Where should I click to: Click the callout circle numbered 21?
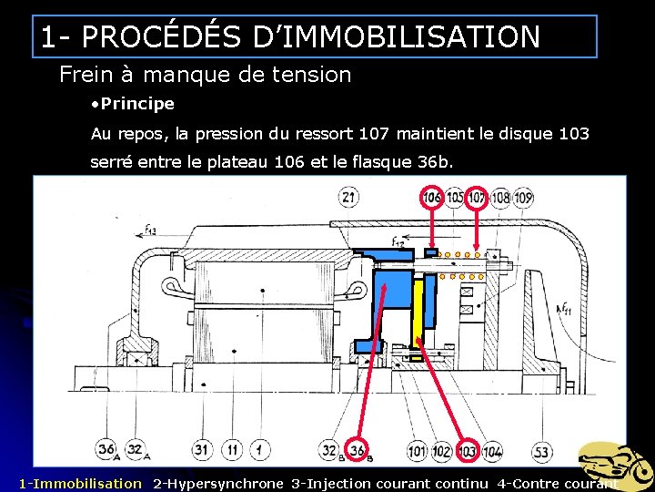click(x=348, y=197)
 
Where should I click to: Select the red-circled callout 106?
click(x=432, y=197)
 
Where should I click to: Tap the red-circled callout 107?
click(x=477, y=197)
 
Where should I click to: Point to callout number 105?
click(x=455, y=197)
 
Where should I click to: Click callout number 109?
click(x=522, y=197)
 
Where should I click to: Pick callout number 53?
click(x=542, y=451)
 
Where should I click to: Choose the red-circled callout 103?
click(x=467, y=451)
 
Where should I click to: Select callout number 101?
click(x=417, y=451)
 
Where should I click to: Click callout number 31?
click(x=202, y=450)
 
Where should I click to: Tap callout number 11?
click(x=232, y=450)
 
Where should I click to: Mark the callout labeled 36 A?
click(x=106, y=449)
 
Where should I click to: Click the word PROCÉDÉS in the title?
click(x=161, y=36)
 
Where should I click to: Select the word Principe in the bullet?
click(x=137, y=104)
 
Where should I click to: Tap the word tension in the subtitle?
click(x=312, y=75)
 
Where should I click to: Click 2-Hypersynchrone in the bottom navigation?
click(x=218, y=484)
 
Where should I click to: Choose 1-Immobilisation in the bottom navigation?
click(x=81, y=484)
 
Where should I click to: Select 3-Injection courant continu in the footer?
click(x=389, y=484)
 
